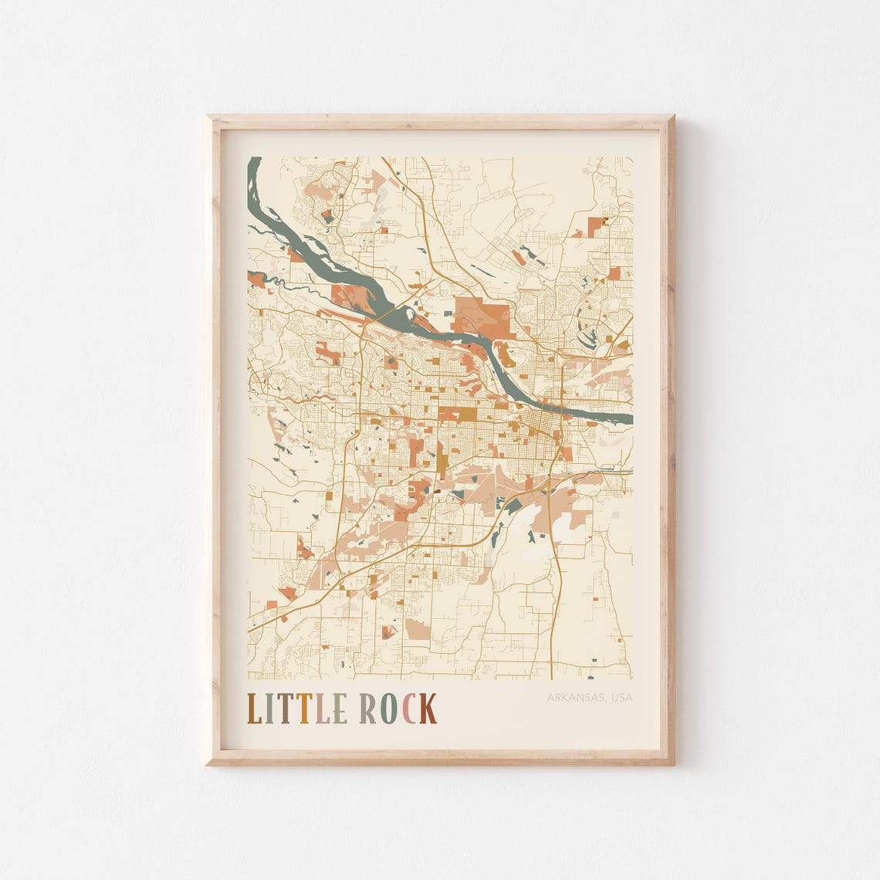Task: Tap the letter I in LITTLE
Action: coord(270,709)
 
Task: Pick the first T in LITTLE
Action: coord(285,709)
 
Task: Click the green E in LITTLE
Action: coord(339,709)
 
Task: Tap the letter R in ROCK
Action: coord(367,709)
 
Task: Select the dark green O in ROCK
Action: coord(388,709)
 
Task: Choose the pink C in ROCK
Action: coord(408,709)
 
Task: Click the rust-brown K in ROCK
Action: coord(428,709)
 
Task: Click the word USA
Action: coord(621,698)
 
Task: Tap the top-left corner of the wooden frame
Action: coord(208,117)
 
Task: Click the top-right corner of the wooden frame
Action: coord(672,117)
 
